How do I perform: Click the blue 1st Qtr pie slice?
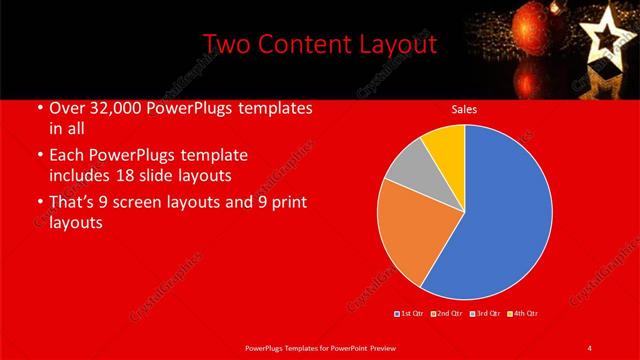tap(500, 215)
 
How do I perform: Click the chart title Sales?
tap(464, 110)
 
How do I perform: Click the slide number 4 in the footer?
tap(589, 347)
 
